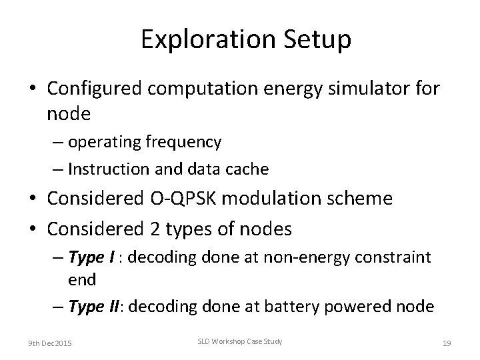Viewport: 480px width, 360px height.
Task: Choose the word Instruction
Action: (x=107, y=169)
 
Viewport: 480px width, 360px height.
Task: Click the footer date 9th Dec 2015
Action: (x=51, y=343)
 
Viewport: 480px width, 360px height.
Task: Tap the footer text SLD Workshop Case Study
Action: (x=241, y=342)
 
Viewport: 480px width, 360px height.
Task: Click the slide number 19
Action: (x=447, y=343)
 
